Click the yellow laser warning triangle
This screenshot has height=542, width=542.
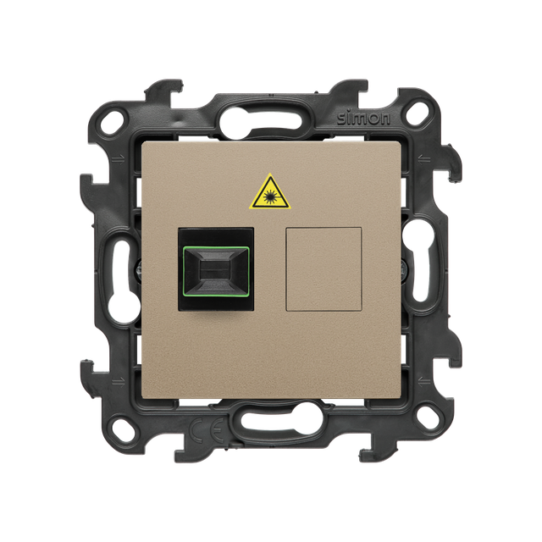click(269, 194)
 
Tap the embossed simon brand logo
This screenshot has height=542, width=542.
click(363, 119)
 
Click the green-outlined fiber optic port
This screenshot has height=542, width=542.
click(216, 268)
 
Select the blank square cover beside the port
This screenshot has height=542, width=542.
click(324, 268)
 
